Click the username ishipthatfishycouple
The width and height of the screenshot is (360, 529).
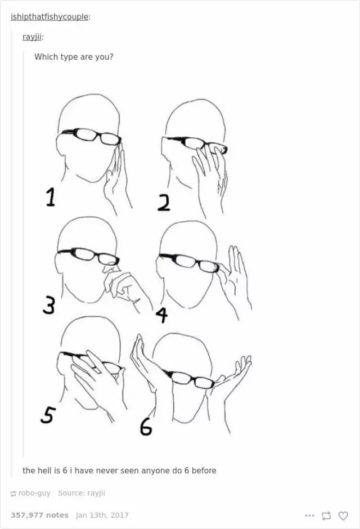point(49,17)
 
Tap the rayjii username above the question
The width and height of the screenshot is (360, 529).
point(32,37)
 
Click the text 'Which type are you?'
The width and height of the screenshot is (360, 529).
point(74,57)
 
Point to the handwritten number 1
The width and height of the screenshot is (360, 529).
point(50,197)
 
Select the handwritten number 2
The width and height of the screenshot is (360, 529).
point(164,203)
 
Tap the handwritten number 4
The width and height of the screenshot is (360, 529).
point(162,315)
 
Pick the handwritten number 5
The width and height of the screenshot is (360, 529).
point(47,414)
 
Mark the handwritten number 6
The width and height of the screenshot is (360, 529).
point(146,427)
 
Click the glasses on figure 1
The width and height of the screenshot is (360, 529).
point(91,136)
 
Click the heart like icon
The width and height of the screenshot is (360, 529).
point(343,515)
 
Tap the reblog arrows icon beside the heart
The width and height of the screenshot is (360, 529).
point(326,515)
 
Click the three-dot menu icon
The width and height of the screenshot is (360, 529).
point(309,515)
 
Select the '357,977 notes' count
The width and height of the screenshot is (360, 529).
point(40,515)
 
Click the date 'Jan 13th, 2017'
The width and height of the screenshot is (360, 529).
point(102,515)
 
